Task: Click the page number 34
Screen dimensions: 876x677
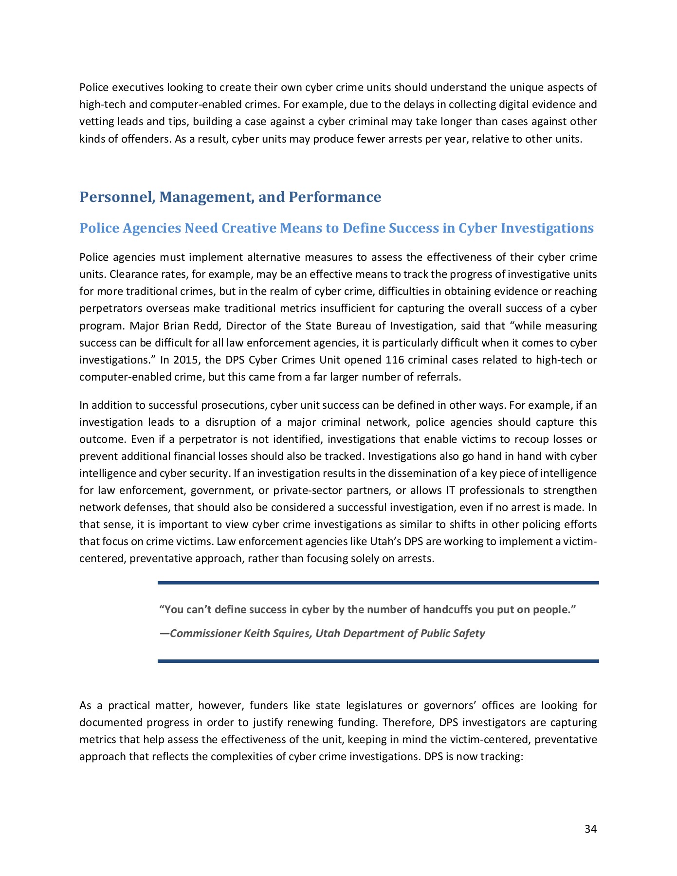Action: coord(590,829)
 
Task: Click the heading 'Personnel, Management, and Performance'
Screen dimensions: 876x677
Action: coord(230,197)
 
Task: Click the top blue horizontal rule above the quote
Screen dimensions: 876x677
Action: coord(378,583)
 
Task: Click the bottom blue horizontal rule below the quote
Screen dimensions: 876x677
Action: coord(378,661)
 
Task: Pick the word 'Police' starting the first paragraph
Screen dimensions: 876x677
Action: coord(94,88)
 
